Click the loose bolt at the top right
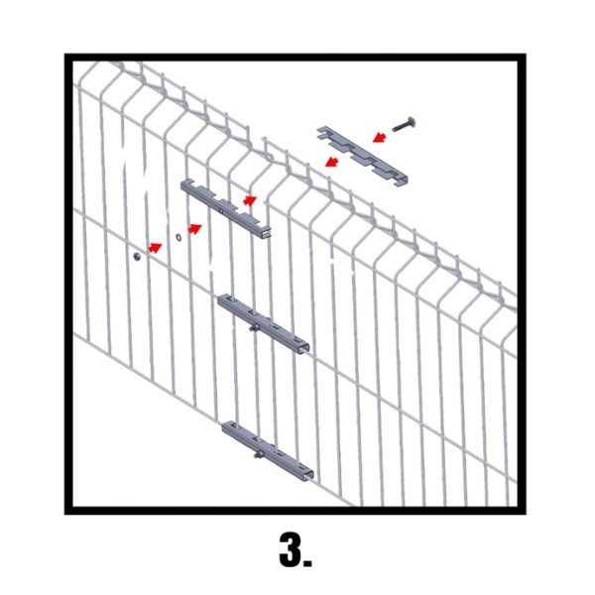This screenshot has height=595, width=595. point(404,125)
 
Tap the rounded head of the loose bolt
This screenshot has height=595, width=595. point(412,122)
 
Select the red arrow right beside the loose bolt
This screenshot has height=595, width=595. point(380,137)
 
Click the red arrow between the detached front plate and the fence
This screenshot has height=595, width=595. point(332,162)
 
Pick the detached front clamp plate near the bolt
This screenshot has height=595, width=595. point(362,156)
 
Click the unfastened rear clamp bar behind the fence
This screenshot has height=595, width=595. point(226,208)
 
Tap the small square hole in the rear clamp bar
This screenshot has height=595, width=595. point(221,210)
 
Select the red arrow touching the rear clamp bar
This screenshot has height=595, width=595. point(250,200)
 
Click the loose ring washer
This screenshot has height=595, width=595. point(178,237)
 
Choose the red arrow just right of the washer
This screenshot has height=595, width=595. point(195,229)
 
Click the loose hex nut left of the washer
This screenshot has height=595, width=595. point(138,257)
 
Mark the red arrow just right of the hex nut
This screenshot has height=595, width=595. point(155,247)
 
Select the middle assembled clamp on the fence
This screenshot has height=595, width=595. point(264,323)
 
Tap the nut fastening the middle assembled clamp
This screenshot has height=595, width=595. point(254,328)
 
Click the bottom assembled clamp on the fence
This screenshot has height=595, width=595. point(268,451)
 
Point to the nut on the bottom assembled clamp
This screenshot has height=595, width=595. point(259,454)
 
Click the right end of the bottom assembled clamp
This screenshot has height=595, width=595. point(308,476)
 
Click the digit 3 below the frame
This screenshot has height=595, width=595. point(290,549)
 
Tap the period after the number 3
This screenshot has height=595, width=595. point(307,562)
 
